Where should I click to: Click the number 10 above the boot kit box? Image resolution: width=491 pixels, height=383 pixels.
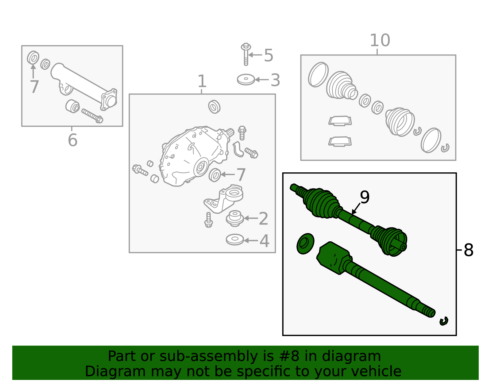380,40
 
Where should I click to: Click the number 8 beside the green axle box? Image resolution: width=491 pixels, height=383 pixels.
468,250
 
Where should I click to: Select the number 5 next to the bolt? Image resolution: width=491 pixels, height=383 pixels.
268,56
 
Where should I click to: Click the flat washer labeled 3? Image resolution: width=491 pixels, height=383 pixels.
246,80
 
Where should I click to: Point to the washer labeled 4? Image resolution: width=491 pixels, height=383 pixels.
235,240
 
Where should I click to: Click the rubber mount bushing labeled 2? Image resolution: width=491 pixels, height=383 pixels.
235,218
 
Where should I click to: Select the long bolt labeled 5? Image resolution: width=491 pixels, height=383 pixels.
245,54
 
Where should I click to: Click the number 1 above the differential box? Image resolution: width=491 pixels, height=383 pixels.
202,82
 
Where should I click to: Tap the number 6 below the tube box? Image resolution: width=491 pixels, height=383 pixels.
72,140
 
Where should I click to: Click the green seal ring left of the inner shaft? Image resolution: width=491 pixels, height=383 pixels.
305,243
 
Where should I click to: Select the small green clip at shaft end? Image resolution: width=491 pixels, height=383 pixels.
444,321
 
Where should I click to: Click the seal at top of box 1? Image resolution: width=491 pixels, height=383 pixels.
214,107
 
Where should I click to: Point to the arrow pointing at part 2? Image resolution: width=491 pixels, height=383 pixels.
250,218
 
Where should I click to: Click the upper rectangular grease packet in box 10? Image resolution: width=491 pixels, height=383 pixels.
340,121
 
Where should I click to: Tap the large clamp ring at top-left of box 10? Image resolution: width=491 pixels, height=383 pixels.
318,75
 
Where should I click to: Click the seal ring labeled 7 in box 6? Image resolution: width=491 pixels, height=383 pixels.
33,58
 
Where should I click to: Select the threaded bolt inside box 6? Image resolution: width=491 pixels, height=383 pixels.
92,116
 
